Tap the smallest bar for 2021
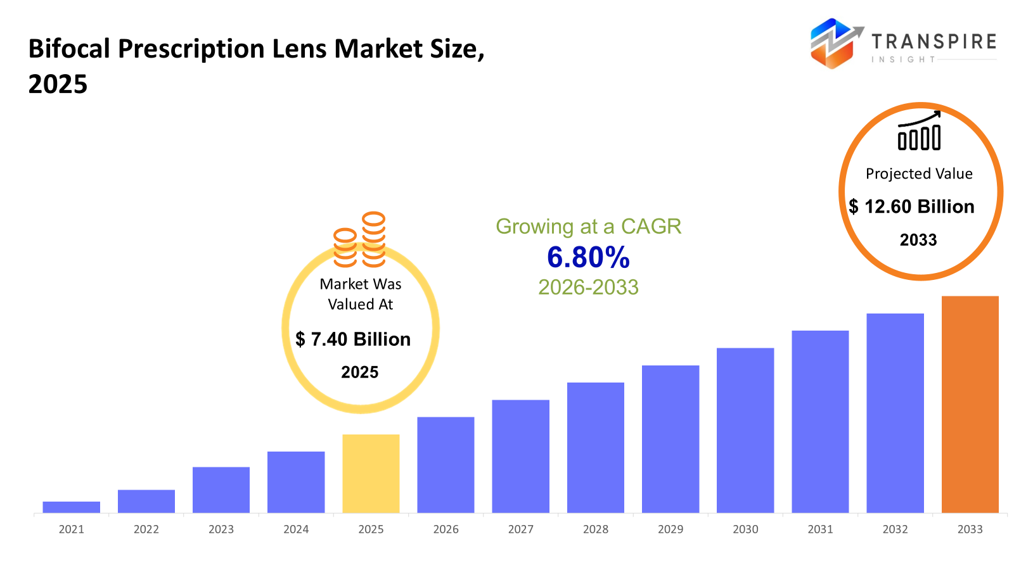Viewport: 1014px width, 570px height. pos(71,507)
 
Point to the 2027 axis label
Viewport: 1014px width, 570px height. pos(520,529)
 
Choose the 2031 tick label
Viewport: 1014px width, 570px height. pos(820,529)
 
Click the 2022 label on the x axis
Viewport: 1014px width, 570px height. pos(146,529)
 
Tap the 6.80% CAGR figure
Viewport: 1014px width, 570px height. pos(588,257)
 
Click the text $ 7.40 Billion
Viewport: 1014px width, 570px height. pos(353,339)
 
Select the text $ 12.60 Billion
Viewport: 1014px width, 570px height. pos(911,206)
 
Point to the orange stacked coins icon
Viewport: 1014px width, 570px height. pos(360,240)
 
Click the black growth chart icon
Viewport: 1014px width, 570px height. pos(919,131)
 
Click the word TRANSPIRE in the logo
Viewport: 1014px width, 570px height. pos(934,42)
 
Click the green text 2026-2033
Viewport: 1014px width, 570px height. pos(588,287)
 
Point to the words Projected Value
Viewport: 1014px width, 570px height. pos(919,174)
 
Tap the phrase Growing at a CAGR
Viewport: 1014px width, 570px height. pos(588,226)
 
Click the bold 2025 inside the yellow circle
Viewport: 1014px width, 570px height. pos(359,372)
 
